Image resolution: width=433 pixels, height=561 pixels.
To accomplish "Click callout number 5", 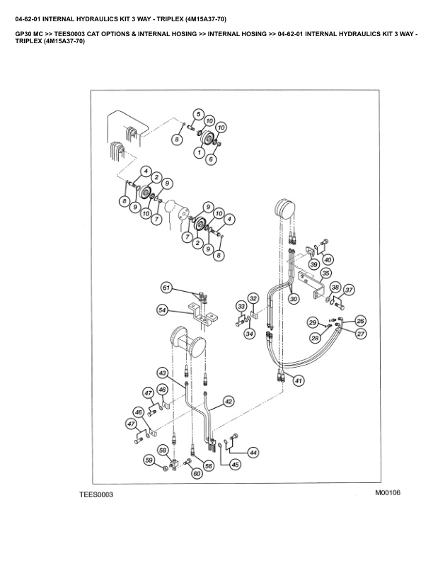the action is [x=199, y=114].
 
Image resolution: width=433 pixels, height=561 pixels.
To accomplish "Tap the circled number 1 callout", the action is [x=199, y=153].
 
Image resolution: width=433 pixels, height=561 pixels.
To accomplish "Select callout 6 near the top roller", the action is [x=211, y=159].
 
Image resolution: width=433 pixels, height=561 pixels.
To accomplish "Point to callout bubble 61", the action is [x=166, y=288].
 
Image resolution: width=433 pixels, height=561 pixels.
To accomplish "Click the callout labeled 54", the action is [x=163, y=310].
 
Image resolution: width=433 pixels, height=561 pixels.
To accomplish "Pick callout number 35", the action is [x=325, y=274].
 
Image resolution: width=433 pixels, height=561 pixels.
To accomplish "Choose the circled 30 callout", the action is [x=294, y=299].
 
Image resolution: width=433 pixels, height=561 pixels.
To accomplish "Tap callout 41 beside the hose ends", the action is [x=299, y=380].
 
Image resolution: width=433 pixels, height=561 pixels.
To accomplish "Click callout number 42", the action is [x=229, y=402].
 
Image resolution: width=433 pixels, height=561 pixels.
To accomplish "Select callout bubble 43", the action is [x=163, y=373].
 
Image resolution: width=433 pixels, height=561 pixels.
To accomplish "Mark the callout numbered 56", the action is [x=208, y=465].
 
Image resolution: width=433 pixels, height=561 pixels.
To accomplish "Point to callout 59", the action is [x=149, y=460].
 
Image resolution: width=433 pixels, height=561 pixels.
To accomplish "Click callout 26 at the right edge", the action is [x=360, y=321].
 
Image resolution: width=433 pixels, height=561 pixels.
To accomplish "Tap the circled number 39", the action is [x=314, y=265].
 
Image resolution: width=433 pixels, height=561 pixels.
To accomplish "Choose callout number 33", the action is [x=241, y=306].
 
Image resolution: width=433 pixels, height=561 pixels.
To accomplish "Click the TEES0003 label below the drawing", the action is [x=96, y=495].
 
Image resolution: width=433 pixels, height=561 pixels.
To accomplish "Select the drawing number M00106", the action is [x=388, y=493].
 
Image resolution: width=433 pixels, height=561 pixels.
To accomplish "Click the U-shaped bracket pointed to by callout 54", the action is [x=202, y=314].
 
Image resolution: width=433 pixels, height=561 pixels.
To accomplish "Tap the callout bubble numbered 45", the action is [x=235, y=465].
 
